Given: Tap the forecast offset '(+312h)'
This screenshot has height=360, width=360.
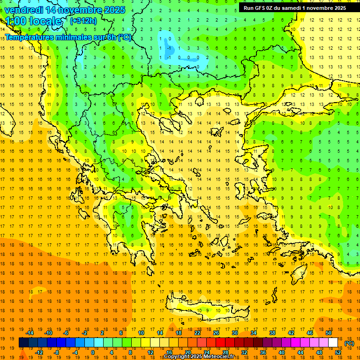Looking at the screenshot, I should coord(84,21).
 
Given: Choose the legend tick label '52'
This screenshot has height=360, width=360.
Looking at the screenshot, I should coord(338,352).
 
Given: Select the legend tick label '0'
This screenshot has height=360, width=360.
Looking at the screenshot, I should coord(93,352).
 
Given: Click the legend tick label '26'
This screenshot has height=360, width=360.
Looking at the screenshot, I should coord(216,332).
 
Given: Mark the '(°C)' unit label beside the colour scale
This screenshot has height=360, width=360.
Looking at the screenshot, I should coord(349,343).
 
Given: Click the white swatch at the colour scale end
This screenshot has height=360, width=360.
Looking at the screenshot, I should coord(333,343).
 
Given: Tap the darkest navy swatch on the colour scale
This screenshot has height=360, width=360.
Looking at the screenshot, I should coord(23,343).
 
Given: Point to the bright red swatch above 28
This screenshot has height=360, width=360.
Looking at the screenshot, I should coord(221,343).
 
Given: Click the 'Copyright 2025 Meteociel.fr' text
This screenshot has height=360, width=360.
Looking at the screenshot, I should coord(199,357).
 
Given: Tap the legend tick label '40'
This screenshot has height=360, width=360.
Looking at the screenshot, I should coord(282,352).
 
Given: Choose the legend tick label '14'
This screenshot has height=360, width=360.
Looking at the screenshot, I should coord(160,332).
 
